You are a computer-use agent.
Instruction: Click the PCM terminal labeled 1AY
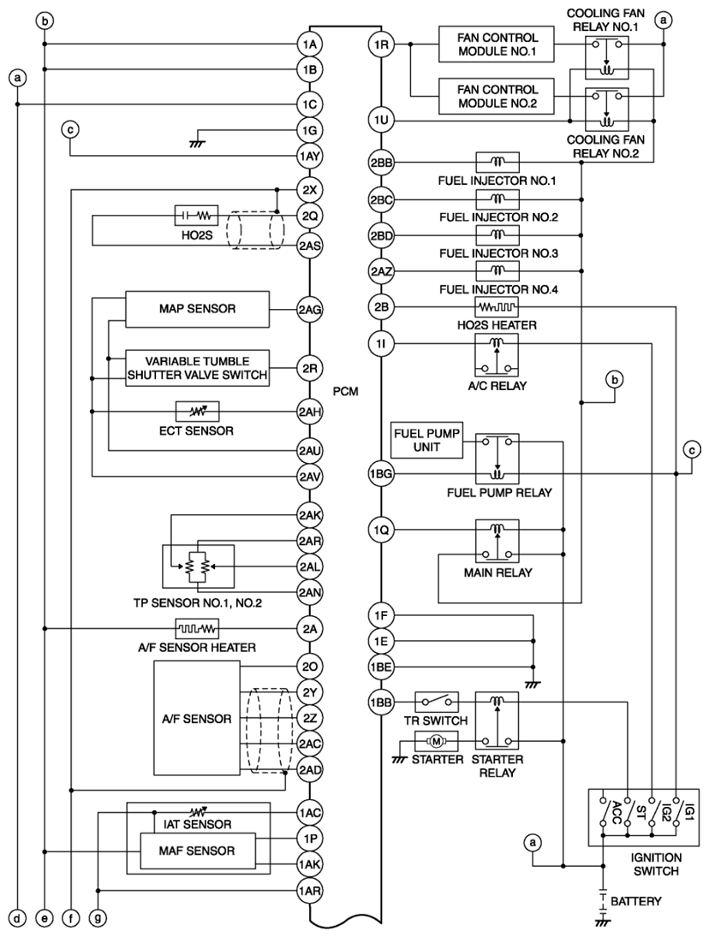310,157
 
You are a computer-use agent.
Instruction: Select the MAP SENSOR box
197,309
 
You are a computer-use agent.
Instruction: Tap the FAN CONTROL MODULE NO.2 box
496,96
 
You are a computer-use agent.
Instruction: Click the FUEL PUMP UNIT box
426,441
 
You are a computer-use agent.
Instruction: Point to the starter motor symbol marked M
436,742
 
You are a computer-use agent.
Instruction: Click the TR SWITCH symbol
437,702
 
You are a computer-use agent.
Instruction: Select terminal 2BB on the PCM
381,162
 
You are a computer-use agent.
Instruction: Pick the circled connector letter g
98,917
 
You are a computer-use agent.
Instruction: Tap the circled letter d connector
18,917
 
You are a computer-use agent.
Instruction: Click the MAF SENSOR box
197,851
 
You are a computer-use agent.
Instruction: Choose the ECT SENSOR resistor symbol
197,411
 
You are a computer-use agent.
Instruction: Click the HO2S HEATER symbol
497,307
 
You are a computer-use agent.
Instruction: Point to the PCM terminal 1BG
381,474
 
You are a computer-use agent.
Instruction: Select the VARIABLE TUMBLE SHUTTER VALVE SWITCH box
197,368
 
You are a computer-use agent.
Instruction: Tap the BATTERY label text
636,900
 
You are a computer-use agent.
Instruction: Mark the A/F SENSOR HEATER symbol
197,629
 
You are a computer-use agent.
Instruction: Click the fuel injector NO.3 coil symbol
497,234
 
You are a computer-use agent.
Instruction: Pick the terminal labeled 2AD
310,769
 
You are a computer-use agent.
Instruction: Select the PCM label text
346,392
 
